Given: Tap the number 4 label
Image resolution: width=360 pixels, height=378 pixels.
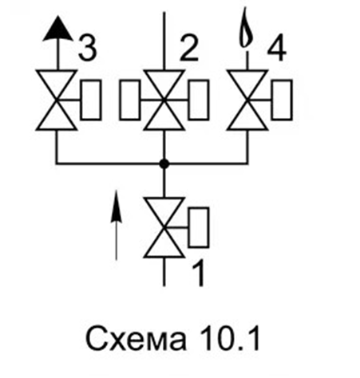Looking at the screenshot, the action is pos(276,49).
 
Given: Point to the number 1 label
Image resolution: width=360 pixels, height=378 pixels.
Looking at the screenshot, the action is pos(199,273).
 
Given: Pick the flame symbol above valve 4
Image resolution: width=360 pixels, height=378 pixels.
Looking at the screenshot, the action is pos(245,28).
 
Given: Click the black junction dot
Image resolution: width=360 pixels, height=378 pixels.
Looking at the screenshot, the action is pos(164,163).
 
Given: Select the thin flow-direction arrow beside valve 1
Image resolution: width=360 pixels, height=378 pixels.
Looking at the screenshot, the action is pos(116,225).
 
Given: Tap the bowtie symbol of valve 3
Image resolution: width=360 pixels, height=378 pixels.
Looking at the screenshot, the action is pos(57,100).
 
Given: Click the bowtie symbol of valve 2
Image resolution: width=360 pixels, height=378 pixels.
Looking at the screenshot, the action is pos(164,100).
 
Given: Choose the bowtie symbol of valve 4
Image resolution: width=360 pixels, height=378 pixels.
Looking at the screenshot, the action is pos(247,100).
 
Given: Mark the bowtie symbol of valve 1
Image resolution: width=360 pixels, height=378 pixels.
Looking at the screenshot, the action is pos(164,227).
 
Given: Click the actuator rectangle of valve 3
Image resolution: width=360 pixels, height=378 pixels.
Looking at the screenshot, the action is pos(91,100).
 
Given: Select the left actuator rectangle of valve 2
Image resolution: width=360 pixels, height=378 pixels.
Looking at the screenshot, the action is pos(130,100).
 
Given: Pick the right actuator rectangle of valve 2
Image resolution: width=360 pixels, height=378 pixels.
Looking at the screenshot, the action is pos(199,100).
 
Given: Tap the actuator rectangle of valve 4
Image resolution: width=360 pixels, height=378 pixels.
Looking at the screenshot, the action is pos(282,100).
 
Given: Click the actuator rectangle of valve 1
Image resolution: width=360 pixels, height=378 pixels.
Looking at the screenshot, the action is pos(199,227).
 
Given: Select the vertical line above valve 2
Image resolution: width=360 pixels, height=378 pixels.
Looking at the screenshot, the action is pos(164,41).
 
